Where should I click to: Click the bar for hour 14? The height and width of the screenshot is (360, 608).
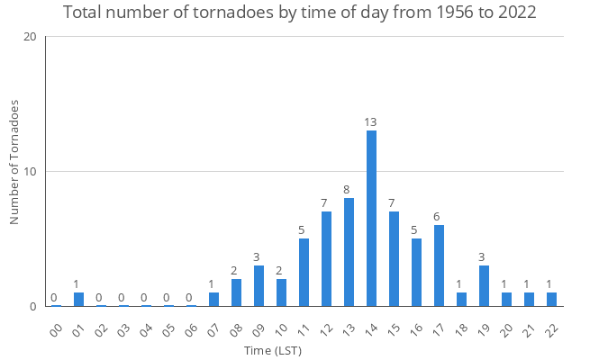coord(371,219)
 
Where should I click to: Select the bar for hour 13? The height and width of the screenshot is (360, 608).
coord(349,252)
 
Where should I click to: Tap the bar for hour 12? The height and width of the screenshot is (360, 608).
coord(326,259)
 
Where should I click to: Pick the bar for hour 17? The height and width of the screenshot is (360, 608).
coord(439,265)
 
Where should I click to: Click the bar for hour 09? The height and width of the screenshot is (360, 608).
coord(259,286)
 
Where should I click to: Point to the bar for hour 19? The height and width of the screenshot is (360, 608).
coord(484,286)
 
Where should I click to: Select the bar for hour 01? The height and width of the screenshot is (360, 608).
coord(78,300)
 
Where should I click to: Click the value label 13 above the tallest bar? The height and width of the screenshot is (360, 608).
coord(371,121)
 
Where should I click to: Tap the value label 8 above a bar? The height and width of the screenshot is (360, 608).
coord(349,189)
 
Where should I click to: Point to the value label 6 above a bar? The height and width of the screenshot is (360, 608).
coord(439,216)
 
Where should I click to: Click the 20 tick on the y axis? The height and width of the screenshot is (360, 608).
coord(31,37)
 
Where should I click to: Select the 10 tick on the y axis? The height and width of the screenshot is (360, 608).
coord(31,172)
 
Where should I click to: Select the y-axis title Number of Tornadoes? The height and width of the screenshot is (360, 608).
coord(14,163)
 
